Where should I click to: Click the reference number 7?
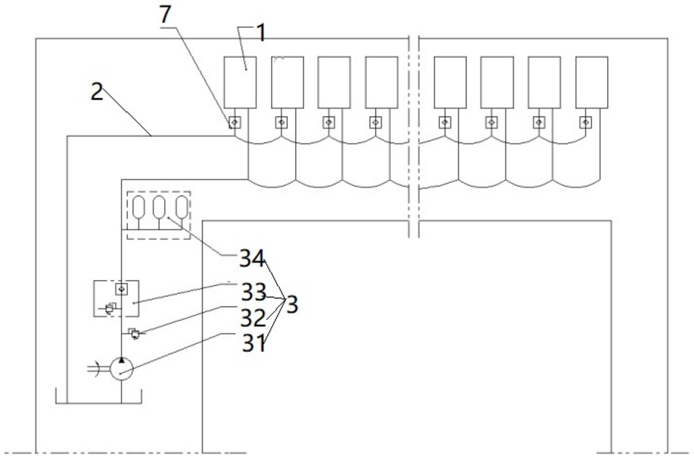coord(165,15)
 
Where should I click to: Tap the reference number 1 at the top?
coord(262,33)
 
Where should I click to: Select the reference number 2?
coord(97,92)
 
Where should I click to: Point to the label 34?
coord(252,258)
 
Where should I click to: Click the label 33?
coord(254,292)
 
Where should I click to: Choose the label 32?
coord(253,317)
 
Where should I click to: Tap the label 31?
coord(254,343)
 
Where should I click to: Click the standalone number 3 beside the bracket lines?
coord(292,305)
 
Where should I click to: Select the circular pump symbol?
coord(122,368)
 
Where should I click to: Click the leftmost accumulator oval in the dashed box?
coord(138,207)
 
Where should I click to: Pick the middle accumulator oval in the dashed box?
coord(159,207)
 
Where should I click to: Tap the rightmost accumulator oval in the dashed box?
coord(182,207)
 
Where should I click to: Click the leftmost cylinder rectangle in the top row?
coord(240,82)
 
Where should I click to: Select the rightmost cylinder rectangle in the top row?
coord(592,82)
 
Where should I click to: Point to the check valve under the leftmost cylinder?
coord(235,123)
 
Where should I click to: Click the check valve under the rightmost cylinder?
coord(585,123)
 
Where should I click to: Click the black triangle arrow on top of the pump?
coord(122,360)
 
